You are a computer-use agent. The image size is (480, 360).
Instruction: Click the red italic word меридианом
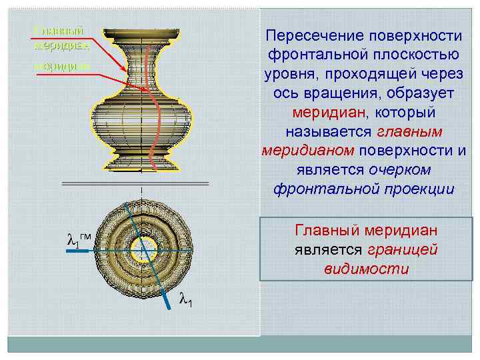pos(301,151)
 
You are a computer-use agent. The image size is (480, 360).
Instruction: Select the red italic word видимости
pos(365,269)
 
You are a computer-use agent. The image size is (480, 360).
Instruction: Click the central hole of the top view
pos(141,250)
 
